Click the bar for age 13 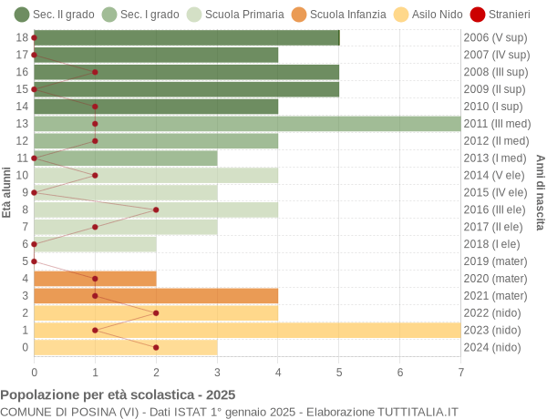click(x=247, y=124)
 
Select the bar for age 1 click(x=247, y=330)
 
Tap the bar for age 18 click(x=186, y=37)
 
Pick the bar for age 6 click(x=95, y=244)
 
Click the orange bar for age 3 click(x=156, y=295)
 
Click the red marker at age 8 click(x=156, y=209)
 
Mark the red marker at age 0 click(x=156, y=347)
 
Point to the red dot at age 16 click(x=95, y=72)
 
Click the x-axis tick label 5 click(x=339, y=372)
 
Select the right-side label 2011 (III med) click(x=496, y=124)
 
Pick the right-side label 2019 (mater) click(x=495, y=261)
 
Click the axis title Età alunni click(x=7, y=192)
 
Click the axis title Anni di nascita click(x=540, y=192)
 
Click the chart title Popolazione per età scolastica click(x=118, y=395)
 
